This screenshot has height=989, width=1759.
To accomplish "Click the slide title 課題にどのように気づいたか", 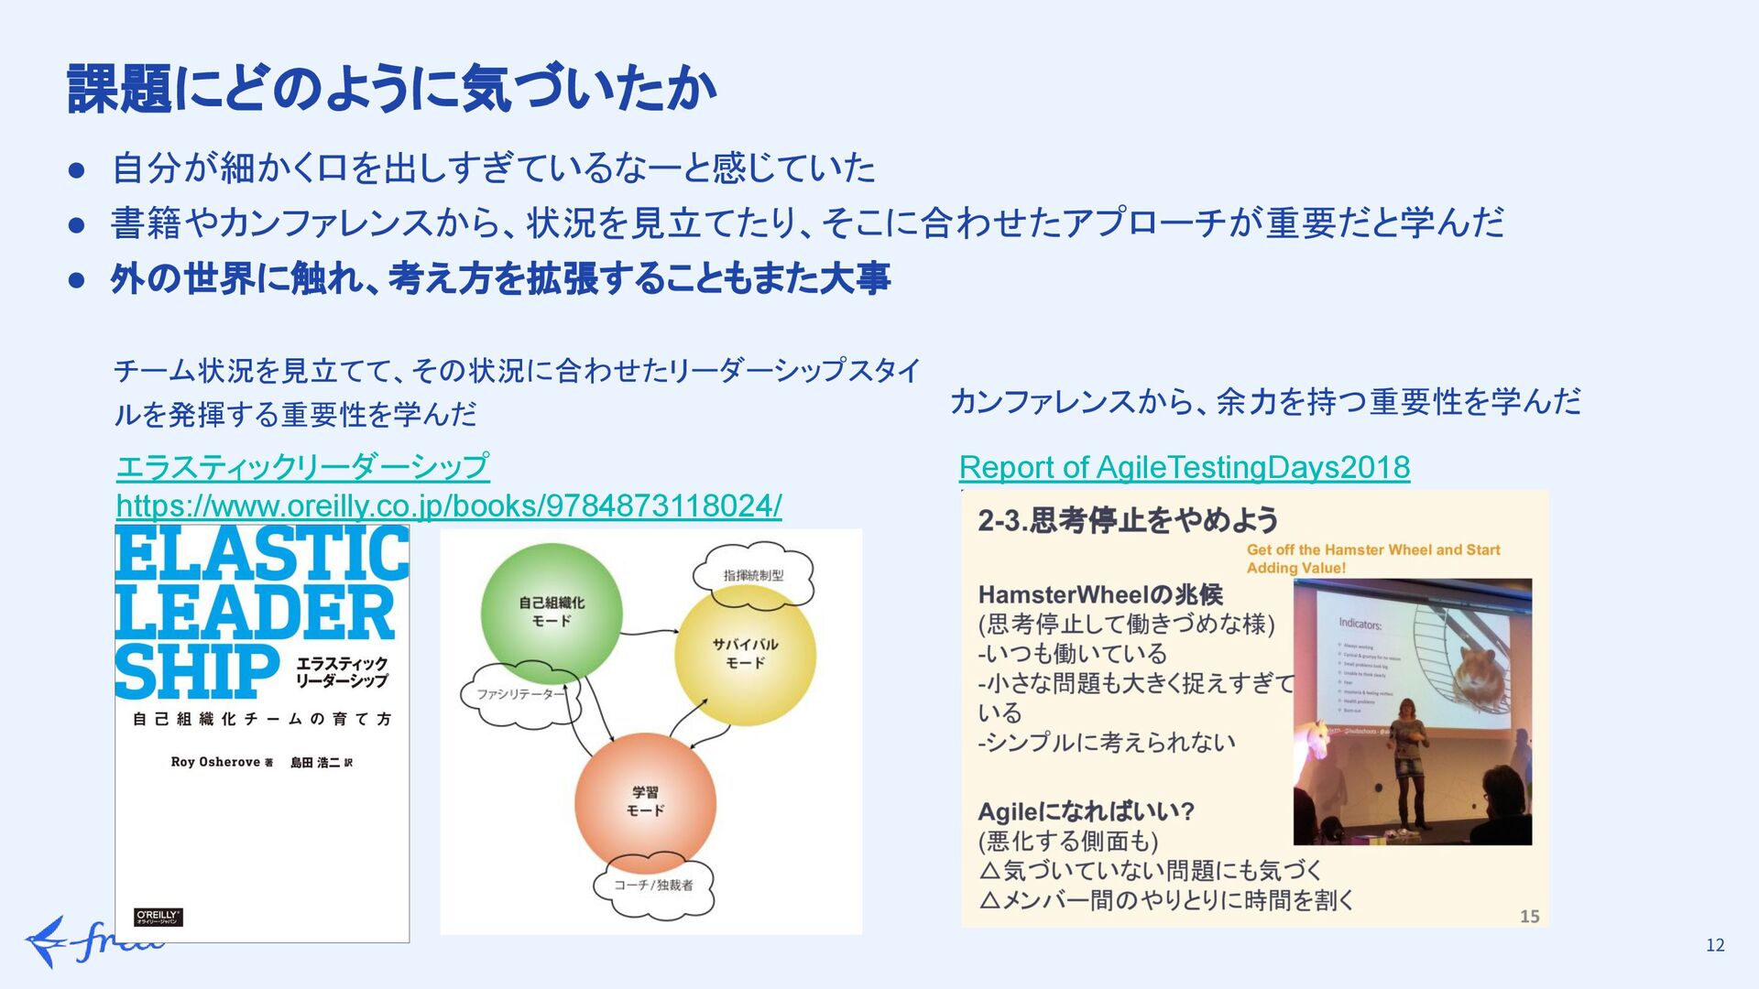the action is [x=391, y=89].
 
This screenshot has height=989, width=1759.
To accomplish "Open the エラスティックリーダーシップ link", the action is [x=302, y=466].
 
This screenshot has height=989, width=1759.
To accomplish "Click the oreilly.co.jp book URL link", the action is [x=449, y=505].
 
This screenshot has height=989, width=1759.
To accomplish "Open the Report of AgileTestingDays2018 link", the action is [x=1184, y=468].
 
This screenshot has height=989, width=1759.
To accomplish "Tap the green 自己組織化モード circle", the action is [x=552, y=612].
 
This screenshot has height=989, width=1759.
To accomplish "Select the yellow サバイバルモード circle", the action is [x=745, y=653].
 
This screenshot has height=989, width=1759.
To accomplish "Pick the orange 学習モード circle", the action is [x=645, y=801].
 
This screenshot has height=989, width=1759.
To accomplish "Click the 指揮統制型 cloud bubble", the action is [x=753, y=575].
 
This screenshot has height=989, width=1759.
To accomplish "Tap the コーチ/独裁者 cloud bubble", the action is [x=653, y=885].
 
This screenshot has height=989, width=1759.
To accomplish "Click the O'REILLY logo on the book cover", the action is [x=158, y=917].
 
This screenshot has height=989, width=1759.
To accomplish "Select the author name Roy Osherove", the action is [x=216, y=762].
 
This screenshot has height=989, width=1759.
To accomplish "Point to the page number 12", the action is [x=1715, y=945].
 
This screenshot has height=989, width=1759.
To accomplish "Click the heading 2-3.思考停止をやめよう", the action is [x=1128, y=520].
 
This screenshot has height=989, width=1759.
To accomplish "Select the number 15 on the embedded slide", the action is [x=1529, y=916].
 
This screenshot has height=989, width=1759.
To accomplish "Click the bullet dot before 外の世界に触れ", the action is [x=77, y=279].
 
